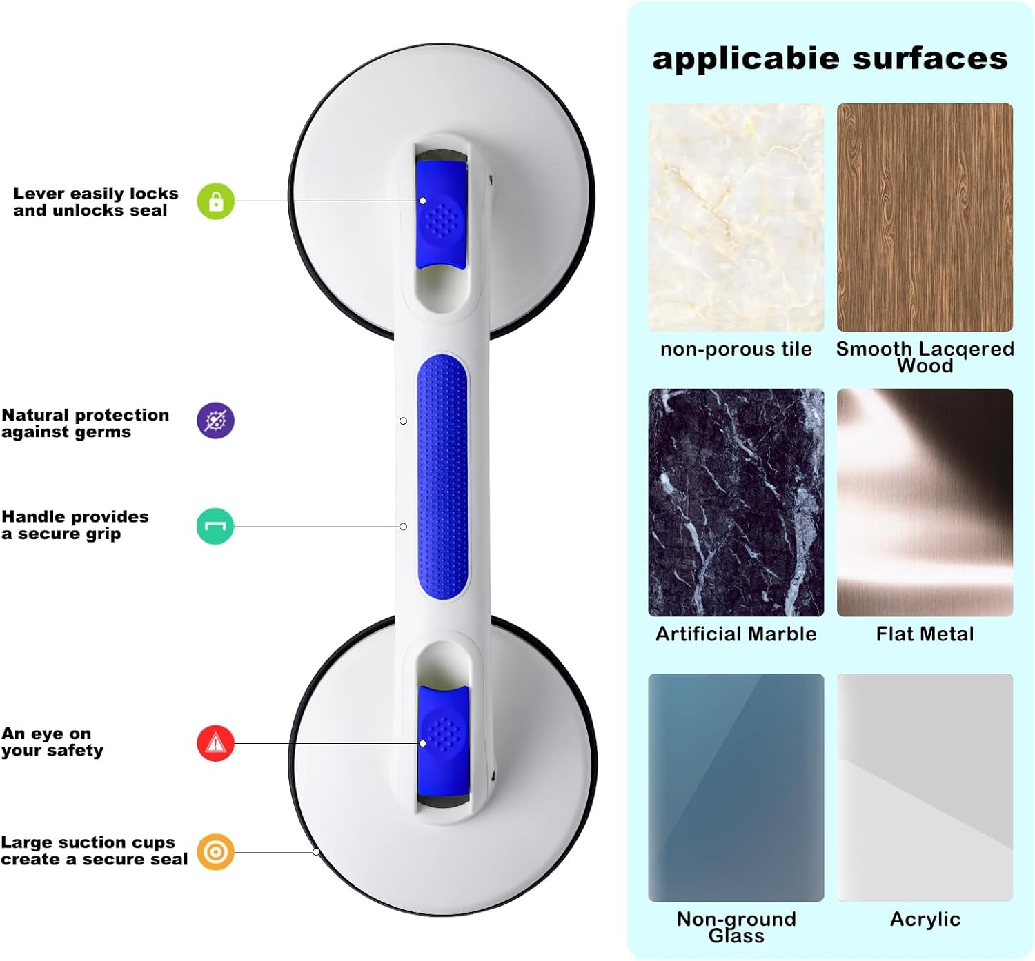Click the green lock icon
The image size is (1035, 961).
pyautogui.click(x=216, y=201)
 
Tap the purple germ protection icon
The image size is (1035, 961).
pyautogui.click(x=215, y=421)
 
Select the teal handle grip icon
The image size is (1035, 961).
pyautogui.click(x=215, y=527)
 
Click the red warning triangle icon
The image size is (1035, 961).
pyautogui.click(x=216, y=743)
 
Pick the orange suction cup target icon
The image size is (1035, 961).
pyautogui.click(x=215, y=852)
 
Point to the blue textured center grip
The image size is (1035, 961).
pyautogui.click(x=442, y=476)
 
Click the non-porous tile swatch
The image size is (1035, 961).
pyautogui.click(x=736, y=217)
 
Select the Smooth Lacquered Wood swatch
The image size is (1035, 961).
pyautogui.click(x=925, y=217)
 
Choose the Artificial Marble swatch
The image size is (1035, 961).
pyautogui.click(x=736, y=502)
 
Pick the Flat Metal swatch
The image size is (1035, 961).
pyautogui.click(x=925, y=502)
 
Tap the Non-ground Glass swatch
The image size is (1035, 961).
pyautogui.click(x=736, y=787)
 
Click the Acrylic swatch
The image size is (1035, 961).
pyautogui.click(x=925, y=787)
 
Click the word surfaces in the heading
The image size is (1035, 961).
pyautogui.click(x=930, y=59)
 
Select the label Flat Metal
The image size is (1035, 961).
pyautogui.click(x=925, y=634)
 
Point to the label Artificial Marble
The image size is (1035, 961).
pyautogui.click(x=736, y=634)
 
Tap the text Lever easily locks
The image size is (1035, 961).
pyautogui.click(x=96, y=194)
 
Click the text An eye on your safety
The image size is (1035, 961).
pyautogui.click(x=52, y=742)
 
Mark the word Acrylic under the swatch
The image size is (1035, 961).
pyautogui.click(x=925, y=919)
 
